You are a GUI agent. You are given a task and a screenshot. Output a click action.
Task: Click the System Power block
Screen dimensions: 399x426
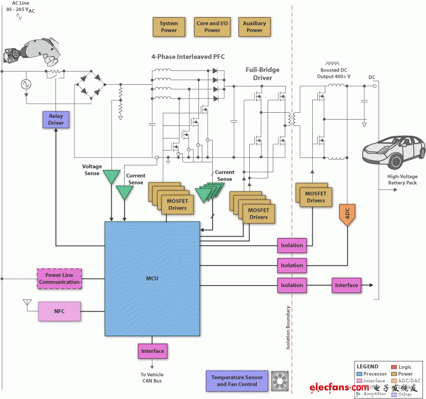169,27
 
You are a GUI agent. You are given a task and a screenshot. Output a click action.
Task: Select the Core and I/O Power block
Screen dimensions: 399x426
212,27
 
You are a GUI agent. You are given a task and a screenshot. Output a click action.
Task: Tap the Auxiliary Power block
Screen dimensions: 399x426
254,27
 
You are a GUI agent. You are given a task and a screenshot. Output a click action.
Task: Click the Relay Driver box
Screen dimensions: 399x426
56,119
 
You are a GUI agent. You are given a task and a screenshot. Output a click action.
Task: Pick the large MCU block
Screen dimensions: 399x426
152,279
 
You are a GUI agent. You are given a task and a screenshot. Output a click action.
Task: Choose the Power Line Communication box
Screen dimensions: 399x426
59,278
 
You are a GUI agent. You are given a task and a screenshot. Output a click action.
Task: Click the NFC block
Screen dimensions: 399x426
59,311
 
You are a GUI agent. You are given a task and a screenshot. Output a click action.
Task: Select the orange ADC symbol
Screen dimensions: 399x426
347,213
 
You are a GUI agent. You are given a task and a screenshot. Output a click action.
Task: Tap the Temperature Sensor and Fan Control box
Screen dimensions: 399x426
237,381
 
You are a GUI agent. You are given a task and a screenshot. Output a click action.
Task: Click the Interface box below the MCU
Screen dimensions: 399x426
152,351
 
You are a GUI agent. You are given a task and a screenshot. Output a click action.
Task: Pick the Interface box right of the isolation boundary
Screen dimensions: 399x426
346,285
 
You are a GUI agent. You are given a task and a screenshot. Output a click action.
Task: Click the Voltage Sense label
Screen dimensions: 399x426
91,170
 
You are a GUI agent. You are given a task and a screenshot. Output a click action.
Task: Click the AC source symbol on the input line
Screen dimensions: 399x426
26,84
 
